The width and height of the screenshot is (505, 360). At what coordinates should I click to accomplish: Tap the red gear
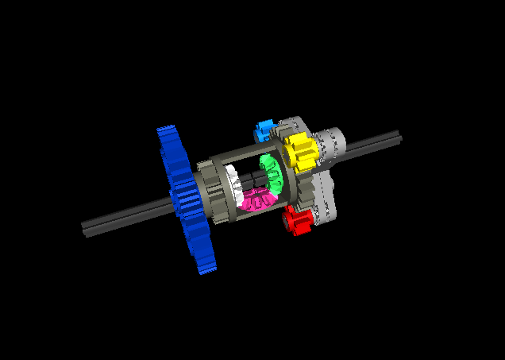click(x=297, y=220)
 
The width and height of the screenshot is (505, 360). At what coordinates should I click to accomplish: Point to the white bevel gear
click(x=236, y=185)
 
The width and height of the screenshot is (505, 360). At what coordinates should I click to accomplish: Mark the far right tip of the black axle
click(x=399, y=137)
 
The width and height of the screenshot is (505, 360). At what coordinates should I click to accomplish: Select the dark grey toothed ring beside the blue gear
click(x=208, y=191)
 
